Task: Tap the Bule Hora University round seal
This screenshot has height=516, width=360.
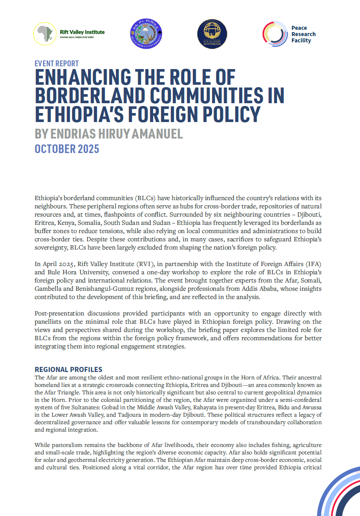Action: coord(146,34)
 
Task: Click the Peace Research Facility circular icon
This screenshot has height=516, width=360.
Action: coord(275,34)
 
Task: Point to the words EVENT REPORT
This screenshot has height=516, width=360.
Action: coord(57,64)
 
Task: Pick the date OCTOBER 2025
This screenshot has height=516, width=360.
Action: coord(67,149)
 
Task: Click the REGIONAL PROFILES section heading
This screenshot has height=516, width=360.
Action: coord(68,370)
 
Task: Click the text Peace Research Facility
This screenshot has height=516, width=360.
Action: coord(303,34)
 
